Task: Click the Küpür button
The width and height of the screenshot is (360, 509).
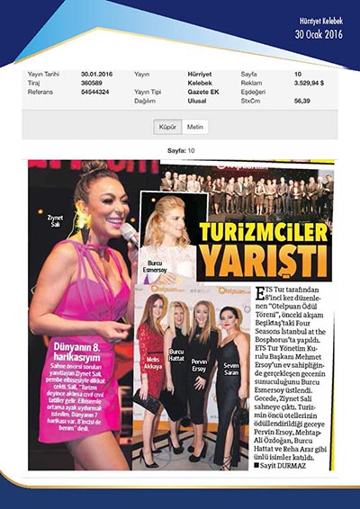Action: coord(166,128)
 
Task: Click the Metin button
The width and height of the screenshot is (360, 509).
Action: coord(196,128)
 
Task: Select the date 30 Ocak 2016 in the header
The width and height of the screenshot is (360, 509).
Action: coord(319,34)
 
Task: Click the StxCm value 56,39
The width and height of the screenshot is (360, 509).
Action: coord(301,101)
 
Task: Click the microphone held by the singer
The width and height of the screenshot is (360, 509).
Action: coord(129,235)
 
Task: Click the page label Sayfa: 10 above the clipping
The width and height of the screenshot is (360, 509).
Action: coord(181,150)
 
